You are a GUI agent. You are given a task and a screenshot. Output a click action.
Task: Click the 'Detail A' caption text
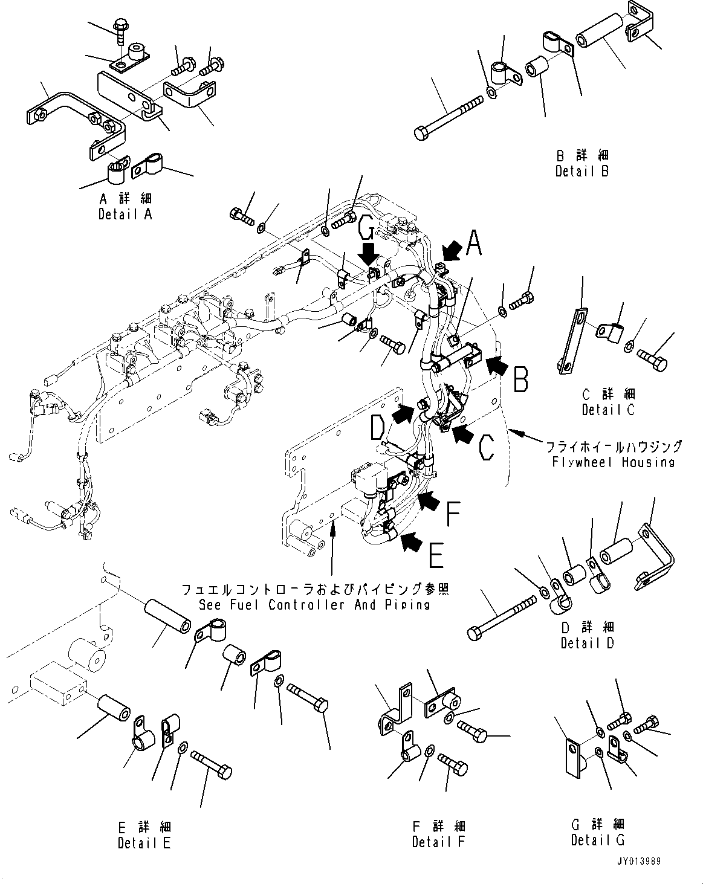125,214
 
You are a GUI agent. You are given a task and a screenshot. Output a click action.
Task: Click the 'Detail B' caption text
582,171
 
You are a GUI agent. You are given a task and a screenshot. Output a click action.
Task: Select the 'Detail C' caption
608,410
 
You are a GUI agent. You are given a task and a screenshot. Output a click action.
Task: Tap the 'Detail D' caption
587,643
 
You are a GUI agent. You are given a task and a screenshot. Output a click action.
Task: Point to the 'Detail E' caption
144,842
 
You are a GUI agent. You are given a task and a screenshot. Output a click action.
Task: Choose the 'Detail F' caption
439,841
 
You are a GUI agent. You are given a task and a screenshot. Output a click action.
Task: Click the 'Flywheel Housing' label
613,462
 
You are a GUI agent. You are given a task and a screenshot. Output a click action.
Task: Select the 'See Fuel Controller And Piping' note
315,604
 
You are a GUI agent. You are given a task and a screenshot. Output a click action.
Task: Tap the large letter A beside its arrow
475,245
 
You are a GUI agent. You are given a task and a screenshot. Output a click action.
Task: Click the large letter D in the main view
377,427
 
